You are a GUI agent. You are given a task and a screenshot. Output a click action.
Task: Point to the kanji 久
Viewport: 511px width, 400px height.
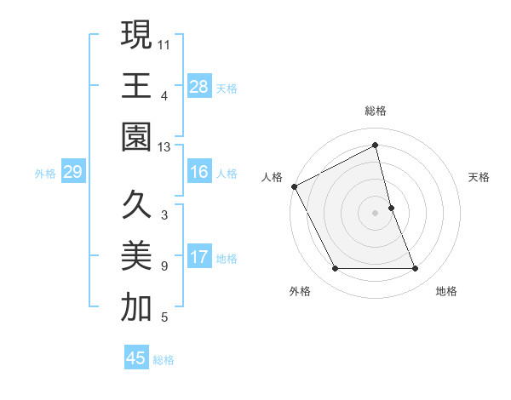[x=136, y=205]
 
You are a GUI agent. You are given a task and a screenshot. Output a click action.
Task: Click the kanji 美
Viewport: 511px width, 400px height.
[x=136, y=255]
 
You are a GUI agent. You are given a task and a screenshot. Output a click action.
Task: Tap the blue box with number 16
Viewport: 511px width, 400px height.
[x=198, y=172]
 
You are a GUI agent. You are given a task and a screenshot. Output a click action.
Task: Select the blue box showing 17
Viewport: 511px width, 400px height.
[x=198, y=256]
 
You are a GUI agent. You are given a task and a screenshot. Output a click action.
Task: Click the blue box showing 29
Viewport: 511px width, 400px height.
[x=72, y=172]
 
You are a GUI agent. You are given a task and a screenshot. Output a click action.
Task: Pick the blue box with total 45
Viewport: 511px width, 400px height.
[x=136, y=358]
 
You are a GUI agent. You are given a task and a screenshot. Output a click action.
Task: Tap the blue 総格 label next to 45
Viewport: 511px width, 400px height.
[x=164, y=360]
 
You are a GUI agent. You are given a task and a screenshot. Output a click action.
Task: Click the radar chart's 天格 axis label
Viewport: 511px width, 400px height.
[x=479, y=177]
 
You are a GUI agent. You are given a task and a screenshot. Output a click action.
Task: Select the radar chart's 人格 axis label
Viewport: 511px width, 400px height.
[x=272, y=177]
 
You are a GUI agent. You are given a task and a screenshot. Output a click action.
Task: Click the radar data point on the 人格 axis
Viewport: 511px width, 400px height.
[x=295, y=186]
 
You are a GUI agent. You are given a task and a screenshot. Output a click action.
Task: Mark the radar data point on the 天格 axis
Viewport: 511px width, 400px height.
[x=391, y=208]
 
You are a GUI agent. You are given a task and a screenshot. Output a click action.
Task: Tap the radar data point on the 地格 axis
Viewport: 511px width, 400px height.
[x=416, y=269]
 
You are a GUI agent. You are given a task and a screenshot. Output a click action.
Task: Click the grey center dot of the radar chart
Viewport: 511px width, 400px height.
[x=375, y=213]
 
